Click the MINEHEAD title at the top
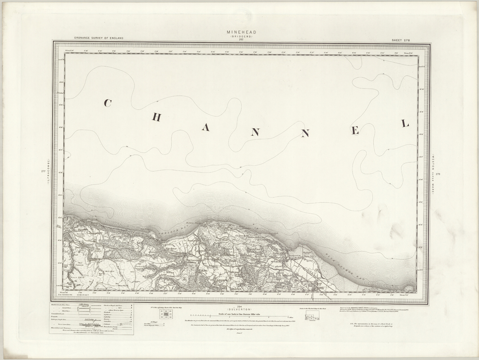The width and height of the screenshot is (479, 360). (241, 32)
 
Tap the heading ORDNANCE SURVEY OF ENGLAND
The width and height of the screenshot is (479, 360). (99, 38)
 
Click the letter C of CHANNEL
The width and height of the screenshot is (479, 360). (107, 103)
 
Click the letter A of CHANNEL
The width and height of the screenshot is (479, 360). (205, 128)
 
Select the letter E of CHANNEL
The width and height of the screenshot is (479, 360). (355, 131)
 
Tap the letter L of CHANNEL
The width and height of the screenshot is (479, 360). (405, 124)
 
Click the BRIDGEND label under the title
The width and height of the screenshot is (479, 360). (241, 36)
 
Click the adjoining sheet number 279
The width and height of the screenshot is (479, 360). (438, 174)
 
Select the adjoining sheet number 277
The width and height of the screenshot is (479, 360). (43, 172)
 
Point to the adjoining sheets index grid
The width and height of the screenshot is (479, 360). (167, 315)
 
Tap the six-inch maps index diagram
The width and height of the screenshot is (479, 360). (311, 317)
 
